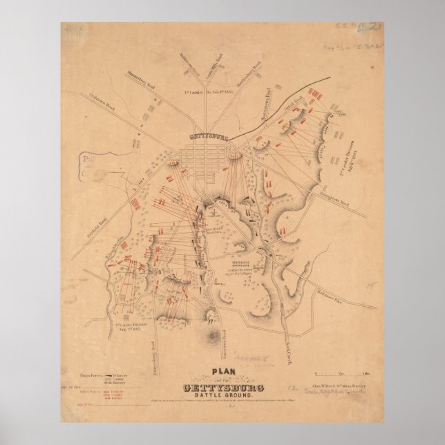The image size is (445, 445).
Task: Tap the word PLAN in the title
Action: [x=224, y=370]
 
